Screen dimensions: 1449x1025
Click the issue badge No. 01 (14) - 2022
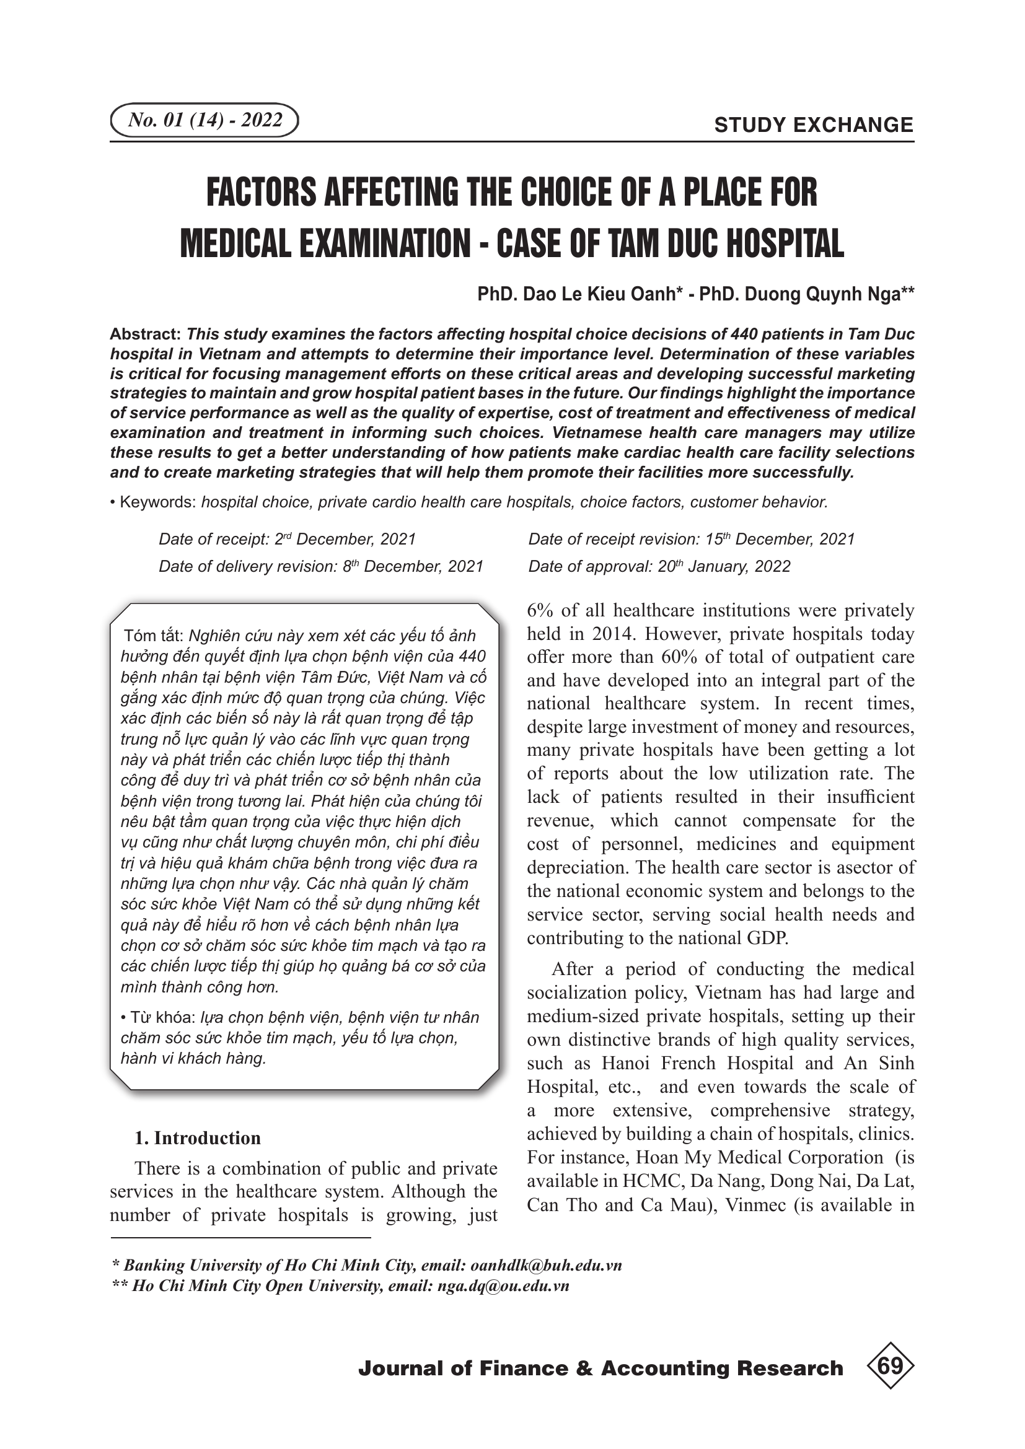205,120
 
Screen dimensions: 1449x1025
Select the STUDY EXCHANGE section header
814,125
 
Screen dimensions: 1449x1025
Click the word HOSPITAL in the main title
785,243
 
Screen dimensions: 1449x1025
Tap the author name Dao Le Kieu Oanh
600,294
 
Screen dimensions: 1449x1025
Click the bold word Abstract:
146,334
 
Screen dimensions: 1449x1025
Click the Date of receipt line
287,539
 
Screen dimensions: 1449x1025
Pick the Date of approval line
659,566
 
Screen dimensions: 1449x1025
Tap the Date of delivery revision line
320,566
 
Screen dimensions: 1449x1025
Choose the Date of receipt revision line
691,539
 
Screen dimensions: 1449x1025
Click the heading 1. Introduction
197,1138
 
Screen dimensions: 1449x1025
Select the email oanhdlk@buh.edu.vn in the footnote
546,1266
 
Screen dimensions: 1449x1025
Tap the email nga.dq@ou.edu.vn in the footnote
503,1286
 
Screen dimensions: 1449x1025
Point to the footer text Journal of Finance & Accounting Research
600,1368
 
